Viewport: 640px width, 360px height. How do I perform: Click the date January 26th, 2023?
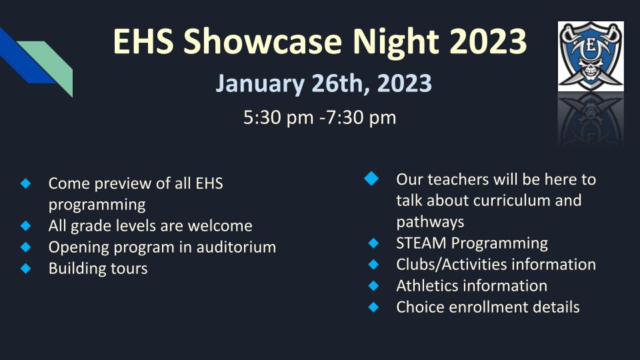(x=323, y=84)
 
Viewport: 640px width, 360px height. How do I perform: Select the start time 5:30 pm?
(x=278, y=118)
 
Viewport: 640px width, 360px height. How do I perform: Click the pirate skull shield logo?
(x=591, y=56)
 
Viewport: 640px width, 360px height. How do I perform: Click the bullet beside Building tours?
(x=26, y=269)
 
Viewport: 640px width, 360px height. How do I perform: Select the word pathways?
(x=430, y=221)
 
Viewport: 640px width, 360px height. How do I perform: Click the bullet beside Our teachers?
(x=372, y=179)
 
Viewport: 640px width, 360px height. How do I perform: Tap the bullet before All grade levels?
(x=26, y=226)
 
